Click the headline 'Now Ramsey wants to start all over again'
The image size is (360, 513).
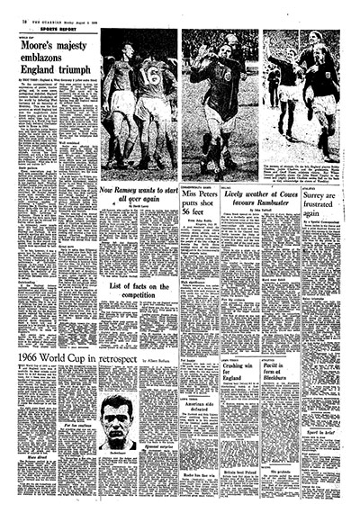(x=139, y=196)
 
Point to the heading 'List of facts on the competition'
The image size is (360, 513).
(x=139, y=291)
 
